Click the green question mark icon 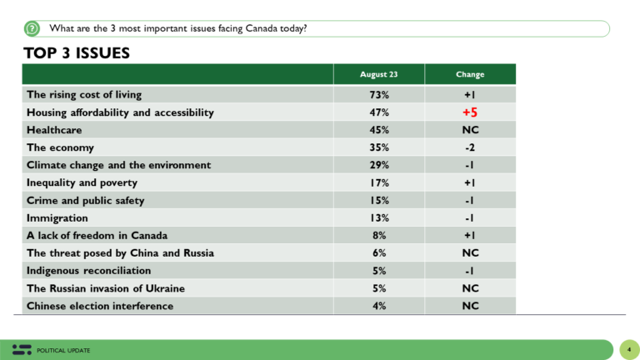click(x=32, y=29)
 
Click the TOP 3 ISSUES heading click(x=76, y=53)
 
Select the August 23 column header click(x=379, y=74)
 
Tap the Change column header click(x=470, y=74)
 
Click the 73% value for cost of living click(x=379, y=95)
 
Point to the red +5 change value click(x=470, y=112)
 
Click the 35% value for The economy click(x=379, y=147)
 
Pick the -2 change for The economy click(x=470, y=147)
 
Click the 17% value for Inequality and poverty click(x=379, y=182)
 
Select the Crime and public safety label click(x=85, y=200)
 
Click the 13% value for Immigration click(x=379, y=217)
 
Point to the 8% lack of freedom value click(x=379, y=235)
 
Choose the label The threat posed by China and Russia click(x=119, y=252)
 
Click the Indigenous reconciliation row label click(x=88, y=270)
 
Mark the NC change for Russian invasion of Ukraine click(x=470, y=288)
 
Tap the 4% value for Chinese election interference click(x=379, y=306)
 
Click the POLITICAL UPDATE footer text click(x=63, y=350)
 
